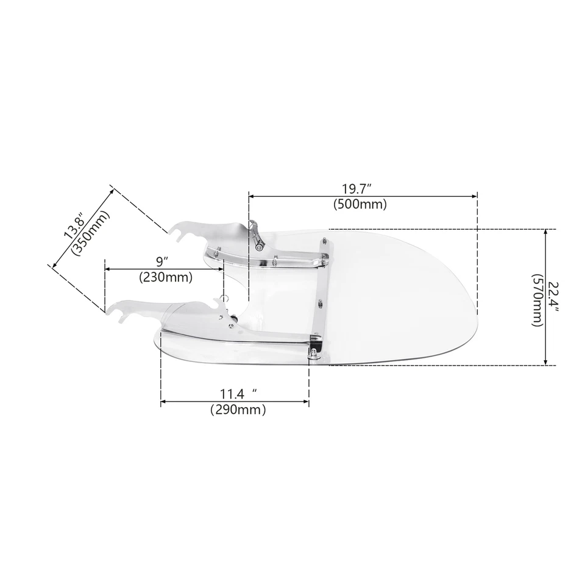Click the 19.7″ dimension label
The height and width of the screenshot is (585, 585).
point(360,188)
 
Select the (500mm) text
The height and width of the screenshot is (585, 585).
point(360,205)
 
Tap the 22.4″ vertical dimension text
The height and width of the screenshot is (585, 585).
point(552,297)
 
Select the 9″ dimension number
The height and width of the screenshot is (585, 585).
point(162,261)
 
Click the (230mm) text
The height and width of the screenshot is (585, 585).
point(166,277)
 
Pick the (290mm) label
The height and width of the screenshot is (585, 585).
point(238,410)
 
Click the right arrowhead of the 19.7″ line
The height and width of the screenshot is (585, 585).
point(474,196)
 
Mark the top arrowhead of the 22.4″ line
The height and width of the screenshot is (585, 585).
point(545,233)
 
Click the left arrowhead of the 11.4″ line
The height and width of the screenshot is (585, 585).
point(164,402)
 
